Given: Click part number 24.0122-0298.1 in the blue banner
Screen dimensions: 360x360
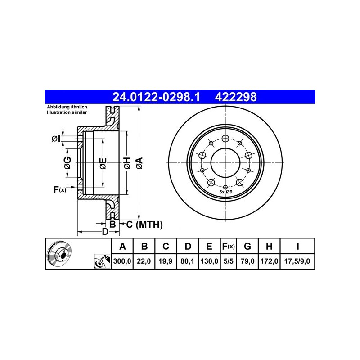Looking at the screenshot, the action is [x=156, y=97].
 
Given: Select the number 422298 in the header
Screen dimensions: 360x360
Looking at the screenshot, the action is [x=235, y=97].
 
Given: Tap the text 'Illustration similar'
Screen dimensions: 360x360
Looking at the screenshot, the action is [x=67, y=112].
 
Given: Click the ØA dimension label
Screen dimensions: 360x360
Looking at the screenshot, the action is [x=139, y=163].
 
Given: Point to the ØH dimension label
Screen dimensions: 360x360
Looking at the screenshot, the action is [x=127, y=163].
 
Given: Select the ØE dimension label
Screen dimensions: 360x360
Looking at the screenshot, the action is [x=103, y=163].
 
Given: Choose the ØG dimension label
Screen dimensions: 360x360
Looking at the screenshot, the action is [x=68, y=163].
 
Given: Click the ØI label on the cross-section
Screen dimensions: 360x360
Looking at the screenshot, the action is [x=56, y=139].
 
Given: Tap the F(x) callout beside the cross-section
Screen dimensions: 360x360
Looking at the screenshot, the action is [x=60, y=189].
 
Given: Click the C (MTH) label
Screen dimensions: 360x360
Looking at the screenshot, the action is [x=144, y=225].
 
